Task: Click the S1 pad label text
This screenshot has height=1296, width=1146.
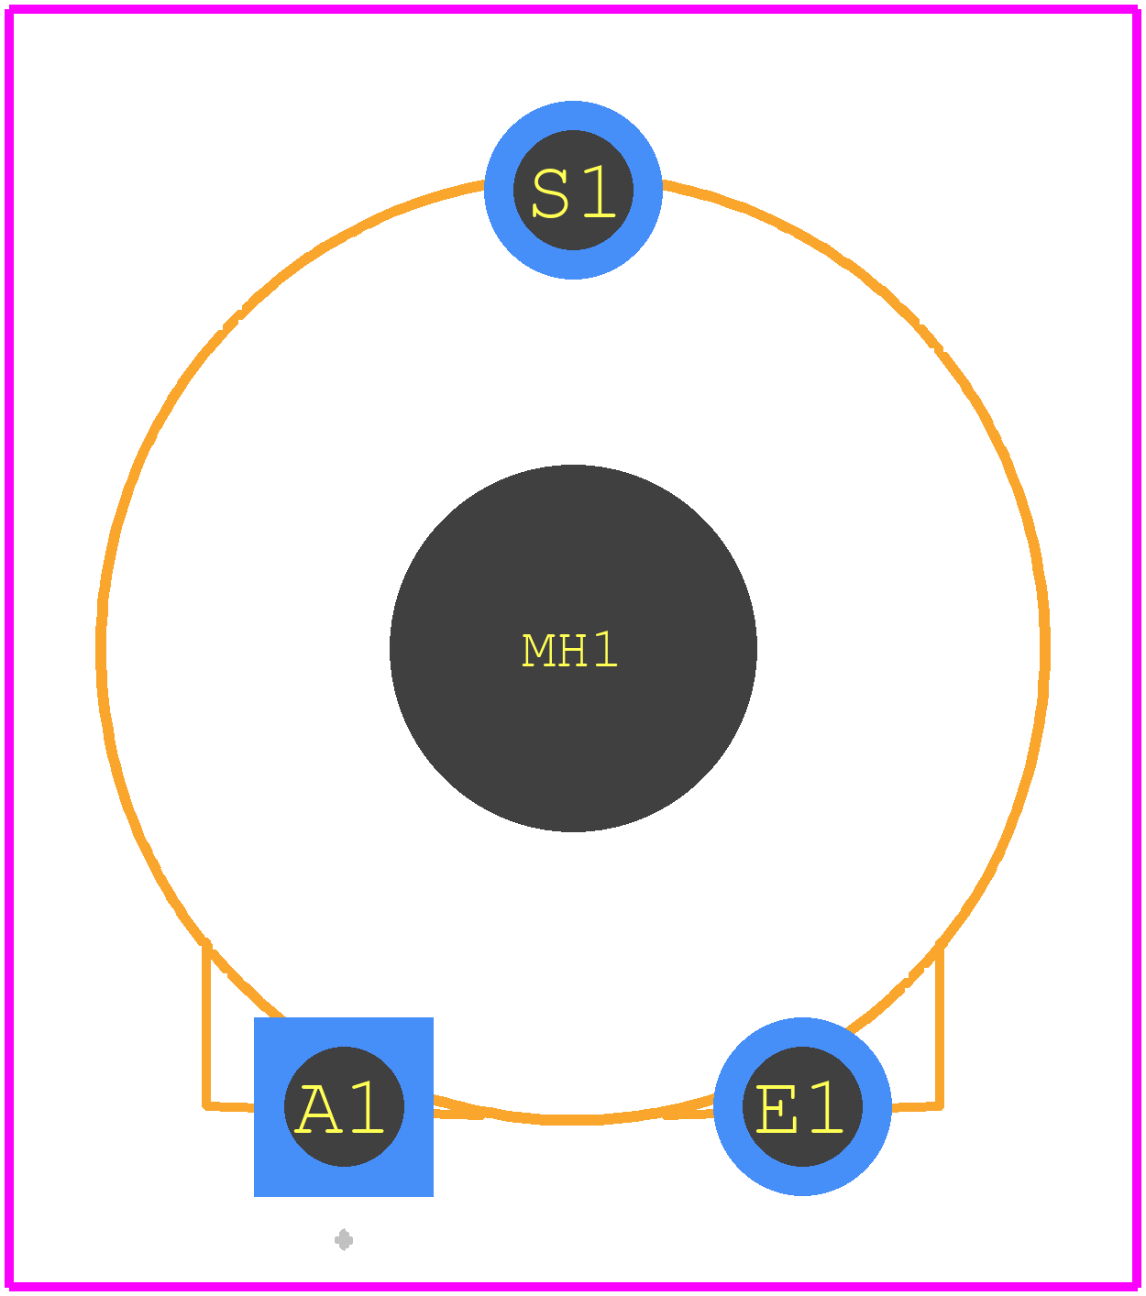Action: (573, 192)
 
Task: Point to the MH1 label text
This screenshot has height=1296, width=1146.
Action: (569, 650)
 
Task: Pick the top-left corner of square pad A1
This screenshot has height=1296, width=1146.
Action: (255, 1017)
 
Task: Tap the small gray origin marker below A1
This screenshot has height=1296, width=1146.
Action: (344, 1240)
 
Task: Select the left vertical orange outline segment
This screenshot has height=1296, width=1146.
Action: (206, 1026)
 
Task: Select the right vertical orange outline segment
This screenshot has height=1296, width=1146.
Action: (940, 1026)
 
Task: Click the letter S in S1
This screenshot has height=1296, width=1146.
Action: (550, 192)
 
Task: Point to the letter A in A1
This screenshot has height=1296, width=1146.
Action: (317, 1109)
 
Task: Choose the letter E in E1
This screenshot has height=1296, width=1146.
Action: (777, 1109)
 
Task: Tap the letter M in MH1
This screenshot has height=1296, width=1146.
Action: (538, 651)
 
